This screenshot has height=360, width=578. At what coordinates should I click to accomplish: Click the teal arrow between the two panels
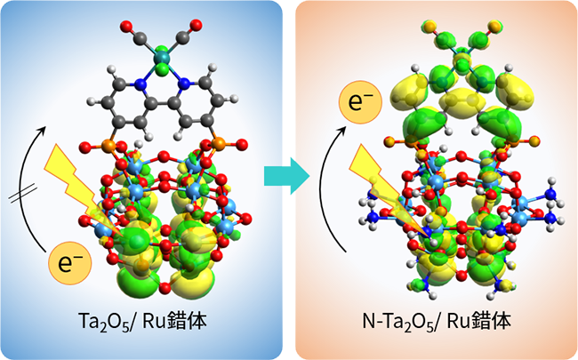click(x=287, y=176)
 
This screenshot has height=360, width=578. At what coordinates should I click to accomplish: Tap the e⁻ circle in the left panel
click(x=70, y=263)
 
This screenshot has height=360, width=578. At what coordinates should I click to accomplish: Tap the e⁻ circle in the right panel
click(x=360, y=102)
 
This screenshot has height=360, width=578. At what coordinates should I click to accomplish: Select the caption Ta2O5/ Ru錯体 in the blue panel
click(x=142, y=322)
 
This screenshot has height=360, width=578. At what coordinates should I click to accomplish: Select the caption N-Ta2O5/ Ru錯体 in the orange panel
click(x=437, y=322)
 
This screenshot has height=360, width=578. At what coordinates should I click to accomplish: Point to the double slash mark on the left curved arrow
click(x=23, y=194)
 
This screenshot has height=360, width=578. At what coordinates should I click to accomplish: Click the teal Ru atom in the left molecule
click(x=161, y=57)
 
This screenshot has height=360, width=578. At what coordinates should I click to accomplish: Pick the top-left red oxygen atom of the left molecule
click(x=126, y=27)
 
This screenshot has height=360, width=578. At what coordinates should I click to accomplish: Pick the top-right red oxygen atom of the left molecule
click(x=197, y=25)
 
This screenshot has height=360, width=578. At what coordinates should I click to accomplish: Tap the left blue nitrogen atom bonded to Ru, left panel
click(x=140, y=85)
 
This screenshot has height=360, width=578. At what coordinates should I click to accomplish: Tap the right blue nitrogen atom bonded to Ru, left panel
click(x=184, y=85)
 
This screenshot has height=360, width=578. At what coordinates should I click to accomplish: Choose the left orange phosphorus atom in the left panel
click(x=108, y=145)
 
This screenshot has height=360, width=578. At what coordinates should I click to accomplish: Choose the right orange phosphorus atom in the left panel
click(x=218, y=144)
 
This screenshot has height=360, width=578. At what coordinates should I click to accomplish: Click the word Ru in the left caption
click(x=153, y=322)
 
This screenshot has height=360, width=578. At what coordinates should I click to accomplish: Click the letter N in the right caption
click(x=369, y=322)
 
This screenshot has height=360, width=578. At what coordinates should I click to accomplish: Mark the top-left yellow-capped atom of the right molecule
click(x=429, y=27)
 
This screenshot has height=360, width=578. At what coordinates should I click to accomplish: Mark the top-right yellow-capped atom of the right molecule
click(x=494, y=26)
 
